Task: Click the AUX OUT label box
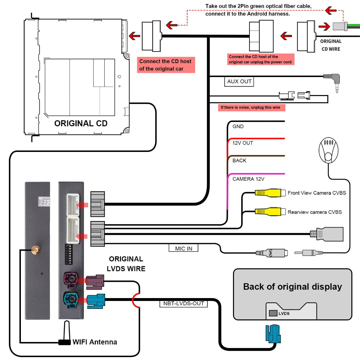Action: (239, 81)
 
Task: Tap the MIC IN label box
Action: (184, 248)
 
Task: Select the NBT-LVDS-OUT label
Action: (184, 303)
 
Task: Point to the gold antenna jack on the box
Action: (35, 250)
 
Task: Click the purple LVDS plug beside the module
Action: (95, 282)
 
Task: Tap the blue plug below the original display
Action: (273, 334)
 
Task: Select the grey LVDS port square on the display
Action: (273, 313)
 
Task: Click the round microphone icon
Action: (329, 150)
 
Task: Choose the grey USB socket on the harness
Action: (327, 234)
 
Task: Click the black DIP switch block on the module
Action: (69, 254)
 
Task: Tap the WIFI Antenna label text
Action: (95, 342)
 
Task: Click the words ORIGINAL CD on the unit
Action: (81, 123)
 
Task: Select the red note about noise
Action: (251, 107)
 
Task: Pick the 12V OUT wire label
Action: (243, 143)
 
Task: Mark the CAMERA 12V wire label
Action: (248, 179)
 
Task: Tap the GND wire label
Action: (238, 126)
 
